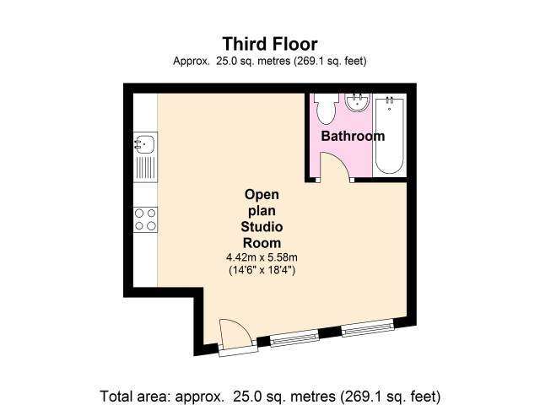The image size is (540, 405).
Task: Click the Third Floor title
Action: coord(270,44)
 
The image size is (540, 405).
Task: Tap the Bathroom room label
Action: coord(353,136)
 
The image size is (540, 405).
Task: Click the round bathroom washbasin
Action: coord(358,102)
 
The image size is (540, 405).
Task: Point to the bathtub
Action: coord(390,135)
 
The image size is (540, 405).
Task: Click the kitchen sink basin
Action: coord(144,144)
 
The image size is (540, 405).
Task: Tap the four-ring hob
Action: coord(145,219)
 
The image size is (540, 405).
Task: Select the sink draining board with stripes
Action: coord(145,168)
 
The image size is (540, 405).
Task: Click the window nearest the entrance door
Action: coord(294,337)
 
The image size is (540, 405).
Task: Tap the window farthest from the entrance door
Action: coord(368,327)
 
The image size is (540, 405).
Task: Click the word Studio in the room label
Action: coord(262,227)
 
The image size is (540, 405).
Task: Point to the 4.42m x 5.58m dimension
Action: coord(262,257)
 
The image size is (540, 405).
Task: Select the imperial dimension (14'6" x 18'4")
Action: coord(262,270)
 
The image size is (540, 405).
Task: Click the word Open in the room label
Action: coord(262,195)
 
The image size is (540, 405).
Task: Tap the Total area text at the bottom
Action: coord(270,397)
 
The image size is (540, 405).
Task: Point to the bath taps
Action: coord(390,100)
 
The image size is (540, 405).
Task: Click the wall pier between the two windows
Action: coord(331,332)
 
